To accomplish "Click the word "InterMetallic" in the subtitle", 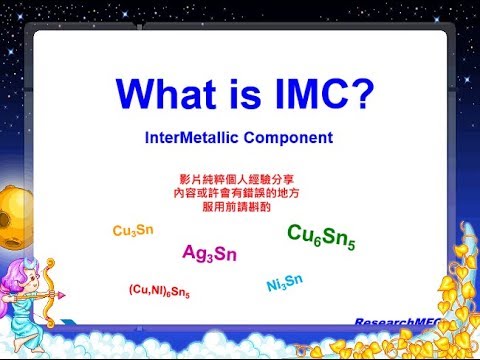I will click(x=203, y=135).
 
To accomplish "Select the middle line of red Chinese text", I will click(x=239, y=188).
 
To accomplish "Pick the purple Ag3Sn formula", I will click(x=209, y=253).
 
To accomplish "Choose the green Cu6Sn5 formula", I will click(x=320, y=239).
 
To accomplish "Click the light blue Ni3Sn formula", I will click(x=285, y=284).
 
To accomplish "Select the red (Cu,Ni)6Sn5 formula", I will click(x=159, y=291).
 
